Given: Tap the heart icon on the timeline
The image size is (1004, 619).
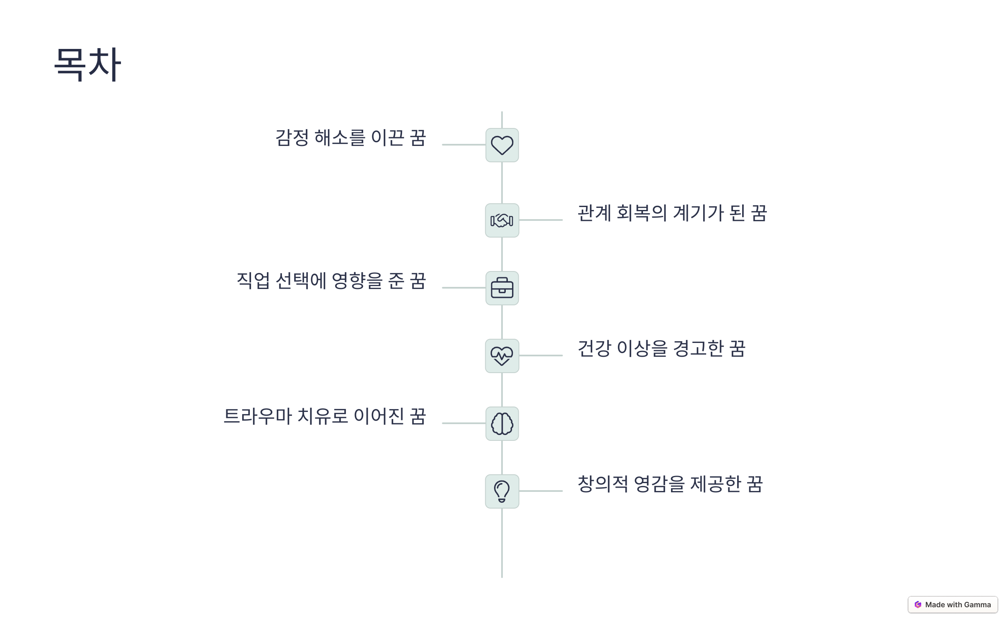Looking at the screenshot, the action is (x=502, y=145).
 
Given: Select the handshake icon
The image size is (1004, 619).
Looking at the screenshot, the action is (x=502, y=220).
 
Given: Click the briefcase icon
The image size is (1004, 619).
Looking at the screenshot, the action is (x=502, y=288).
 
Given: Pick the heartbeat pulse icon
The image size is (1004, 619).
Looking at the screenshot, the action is (x=502, y=356).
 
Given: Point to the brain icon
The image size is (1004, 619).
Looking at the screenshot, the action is (x=502, y=424).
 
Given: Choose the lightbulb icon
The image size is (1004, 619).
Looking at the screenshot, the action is (x=502, y=491).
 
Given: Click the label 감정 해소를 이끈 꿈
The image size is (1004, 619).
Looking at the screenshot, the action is (x=351, y=138).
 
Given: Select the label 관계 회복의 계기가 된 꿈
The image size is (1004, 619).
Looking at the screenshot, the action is (x=672, y=213).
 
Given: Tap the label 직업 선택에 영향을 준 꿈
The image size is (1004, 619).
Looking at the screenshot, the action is (x=331, y=281).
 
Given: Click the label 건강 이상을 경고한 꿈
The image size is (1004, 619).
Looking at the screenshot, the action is (x=661, y=349).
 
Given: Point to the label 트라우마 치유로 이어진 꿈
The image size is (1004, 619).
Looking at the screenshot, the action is (x=325, y=417).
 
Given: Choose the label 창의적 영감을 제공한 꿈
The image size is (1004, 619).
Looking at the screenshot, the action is (x=670, y=484).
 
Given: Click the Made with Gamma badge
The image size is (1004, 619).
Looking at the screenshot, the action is (x=953, y=605).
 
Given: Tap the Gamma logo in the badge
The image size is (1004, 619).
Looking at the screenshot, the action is (x=918, y=605).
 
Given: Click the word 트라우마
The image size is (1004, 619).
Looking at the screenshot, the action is (x=258, y=417).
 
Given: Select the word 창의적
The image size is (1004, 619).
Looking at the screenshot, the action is (x=603, y=484).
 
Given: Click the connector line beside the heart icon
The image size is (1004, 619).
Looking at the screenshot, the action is (x=464, y=145).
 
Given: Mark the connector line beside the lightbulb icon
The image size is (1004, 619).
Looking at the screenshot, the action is (x=541, y=491).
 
